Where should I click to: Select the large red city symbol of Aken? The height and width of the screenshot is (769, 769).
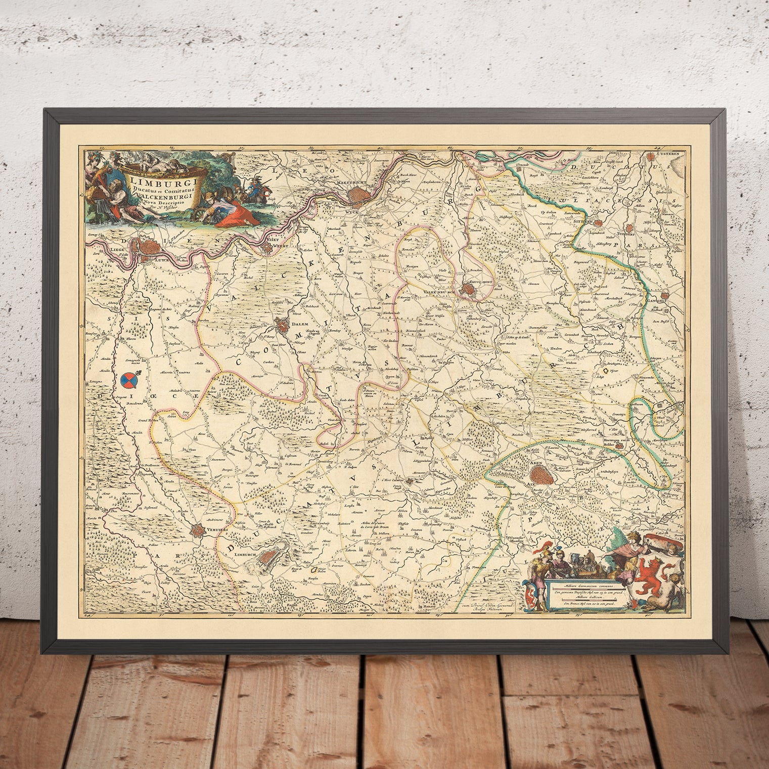point(541,475)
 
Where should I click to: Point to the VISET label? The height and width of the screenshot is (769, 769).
point(273,240)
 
